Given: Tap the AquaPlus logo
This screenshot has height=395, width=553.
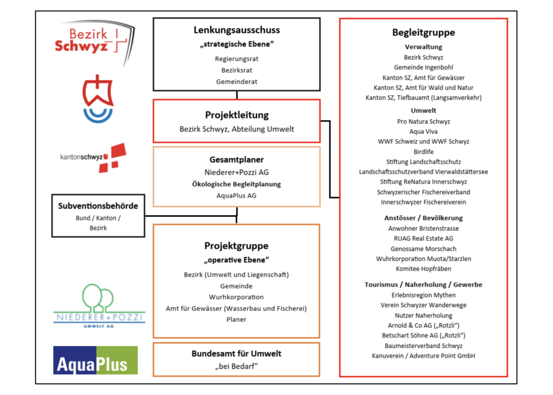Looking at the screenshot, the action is tap(96, 360).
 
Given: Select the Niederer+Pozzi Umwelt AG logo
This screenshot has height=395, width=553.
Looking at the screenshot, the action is tap(99, 306).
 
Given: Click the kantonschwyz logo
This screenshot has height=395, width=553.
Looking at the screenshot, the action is tap(93, 158).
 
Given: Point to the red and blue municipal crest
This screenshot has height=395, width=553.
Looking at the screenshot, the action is tap(98, 98).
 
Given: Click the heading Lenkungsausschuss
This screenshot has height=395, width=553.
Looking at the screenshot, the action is tap(237, 30).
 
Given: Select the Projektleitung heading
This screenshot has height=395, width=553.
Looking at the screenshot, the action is tap(237, 115).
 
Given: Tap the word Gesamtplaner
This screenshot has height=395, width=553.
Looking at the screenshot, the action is tap(237, 160).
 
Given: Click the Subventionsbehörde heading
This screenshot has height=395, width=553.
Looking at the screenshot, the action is tap(98, 206).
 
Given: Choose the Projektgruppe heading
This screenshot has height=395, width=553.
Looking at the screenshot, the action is tap(236, 246).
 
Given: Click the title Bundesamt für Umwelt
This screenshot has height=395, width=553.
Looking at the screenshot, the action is tap(236, 354).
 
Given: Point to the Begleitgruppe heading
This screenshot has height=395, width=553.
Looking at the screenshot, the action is tap(424, 33).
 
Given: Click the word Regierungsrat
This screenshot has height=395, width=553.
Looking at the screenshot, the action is tap(237, 59).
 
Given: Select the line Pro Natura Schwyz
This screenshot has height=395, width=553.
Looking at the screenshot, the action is tap(424, 122).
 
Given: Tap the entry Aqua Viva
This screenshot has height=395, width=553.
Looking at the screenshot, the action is tap(424, 132).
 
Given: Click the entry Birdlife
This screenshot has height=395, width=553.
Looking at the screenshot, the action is tap(424, 152).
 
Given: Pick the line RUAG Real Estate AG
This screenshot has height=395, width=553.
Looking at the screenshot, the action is tap(424, 238).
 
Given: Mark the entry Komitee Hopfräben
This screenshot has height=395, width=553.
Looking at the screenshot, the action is tap(424, 269).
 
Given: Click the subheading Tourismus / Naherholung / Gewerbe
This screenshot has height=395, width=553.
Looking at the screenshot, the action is tap(424, 284).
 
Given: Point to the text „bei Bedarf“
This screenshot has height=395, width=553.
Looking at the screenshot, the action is tap(236, 366).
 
